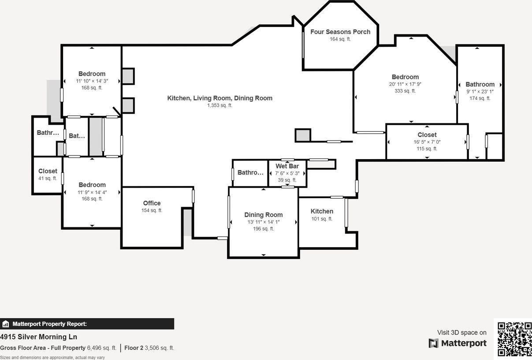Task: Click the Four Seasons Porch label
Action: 340,32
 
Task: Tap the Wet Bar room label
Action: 287,166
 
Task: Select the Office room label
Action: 152,203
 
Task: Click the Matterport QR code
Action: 514,339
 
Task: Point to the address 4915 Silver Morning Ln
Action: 38,337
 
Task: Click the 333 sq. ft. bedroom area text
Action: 405,91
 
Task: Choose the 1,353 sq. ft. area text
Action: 219,105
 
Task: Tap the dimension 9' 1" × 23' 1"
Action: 480,92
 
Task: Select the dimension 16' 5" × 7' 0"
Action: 427,142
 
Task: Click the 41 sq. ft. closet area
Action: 48,178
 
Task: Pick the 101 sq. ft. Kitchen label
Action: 322,212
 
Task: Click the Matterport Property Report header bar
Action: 87,324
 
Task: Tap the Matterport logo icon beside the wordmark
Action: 434,343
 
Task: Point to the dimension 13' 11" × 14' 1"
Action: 263,222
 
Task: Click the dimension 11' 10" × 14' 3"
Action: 92,81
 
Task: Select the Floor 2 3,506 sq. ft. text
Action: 149,348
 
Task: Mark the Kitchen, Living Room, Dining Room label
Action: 219,98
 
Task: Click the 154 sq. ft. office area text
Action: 152,211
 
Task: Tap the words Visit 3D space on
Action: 461,333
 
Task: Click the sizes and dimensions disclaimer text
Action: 52,357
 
